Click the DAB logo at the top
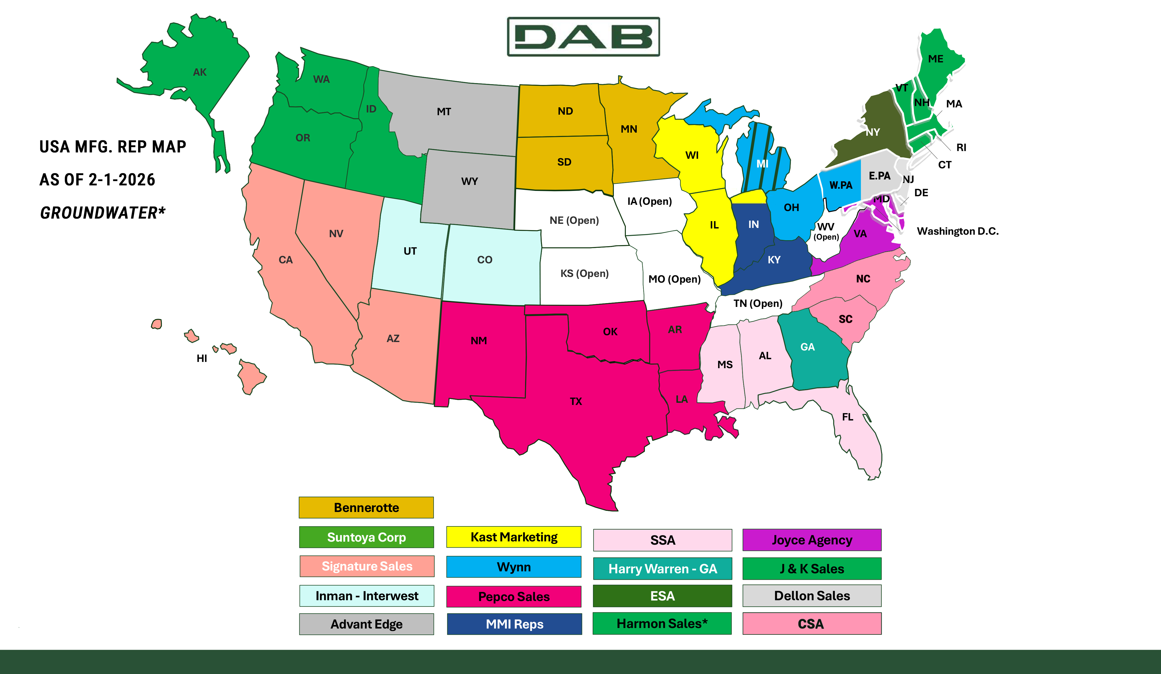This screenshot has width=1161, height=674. [x=583, y=37]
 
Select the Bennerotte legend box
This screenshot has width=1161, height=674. [x=366, y=508]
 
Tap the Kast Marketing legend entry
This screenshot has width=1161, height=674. [x=514, y=537]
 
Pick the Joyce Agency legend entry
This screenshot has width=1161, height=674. [x=812, y=540]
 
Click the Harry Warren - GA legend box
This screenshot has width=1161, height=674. [x=663, y=569]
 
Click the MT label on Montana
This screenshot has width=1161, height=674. [x=444, y=111]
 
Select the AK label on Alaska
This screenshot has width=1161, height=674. [x=199, y=72]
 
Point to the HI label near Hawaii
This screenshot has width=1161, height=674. [x=202, y=358]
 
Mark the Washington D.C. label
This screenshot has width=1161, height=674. [x=957, y=231]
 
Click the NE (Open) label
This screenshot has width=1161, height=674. [x=574, y=220]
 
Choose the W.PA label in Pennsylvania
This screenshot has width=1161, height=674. [x=841, y=185]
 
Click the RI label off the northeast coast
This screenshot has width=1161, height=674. [x=961, y=147]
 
